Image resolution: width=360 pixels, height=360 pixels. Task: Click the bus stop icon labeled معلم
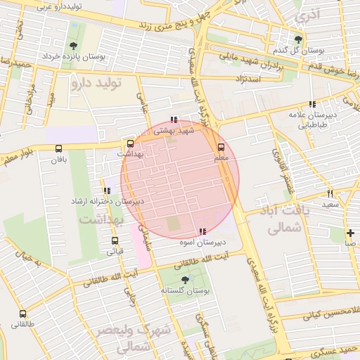click(x=221, y=147)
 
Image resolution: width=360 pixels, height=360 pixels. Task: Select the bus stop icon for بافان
click(x=58, y=148)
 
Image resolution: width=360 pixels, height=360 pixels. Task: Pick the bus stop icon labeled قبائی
click(x=115, y=240)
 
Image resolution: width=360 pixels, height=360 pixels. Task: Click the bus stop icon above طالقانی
click(x=23, y=314)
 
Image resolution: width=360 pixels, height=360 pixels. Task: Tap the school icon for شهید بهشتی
click(x=173, y=120)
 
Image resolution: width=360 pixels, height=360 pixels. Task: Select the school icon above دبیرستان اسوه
click(x=202, y=231)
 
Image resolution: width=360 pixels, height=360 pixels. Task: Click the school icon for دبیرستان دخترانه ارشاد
click(x=107, y=191)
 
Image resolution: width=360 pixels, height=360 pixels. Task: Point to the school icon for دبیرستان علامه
click(x=312, y=104)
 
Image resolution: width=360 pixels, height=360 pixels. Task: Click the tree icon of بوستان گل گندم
click(x=300, y=39)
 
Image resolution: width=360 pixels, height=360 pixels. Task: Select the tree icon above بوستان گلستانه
click(x=185, y=279)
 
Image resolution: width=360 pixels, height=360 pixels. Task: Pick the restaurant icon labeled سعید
click(x=330, y=193)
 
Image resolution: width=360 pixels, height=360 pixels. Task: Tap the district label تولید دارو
click(x=96, y=84)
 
